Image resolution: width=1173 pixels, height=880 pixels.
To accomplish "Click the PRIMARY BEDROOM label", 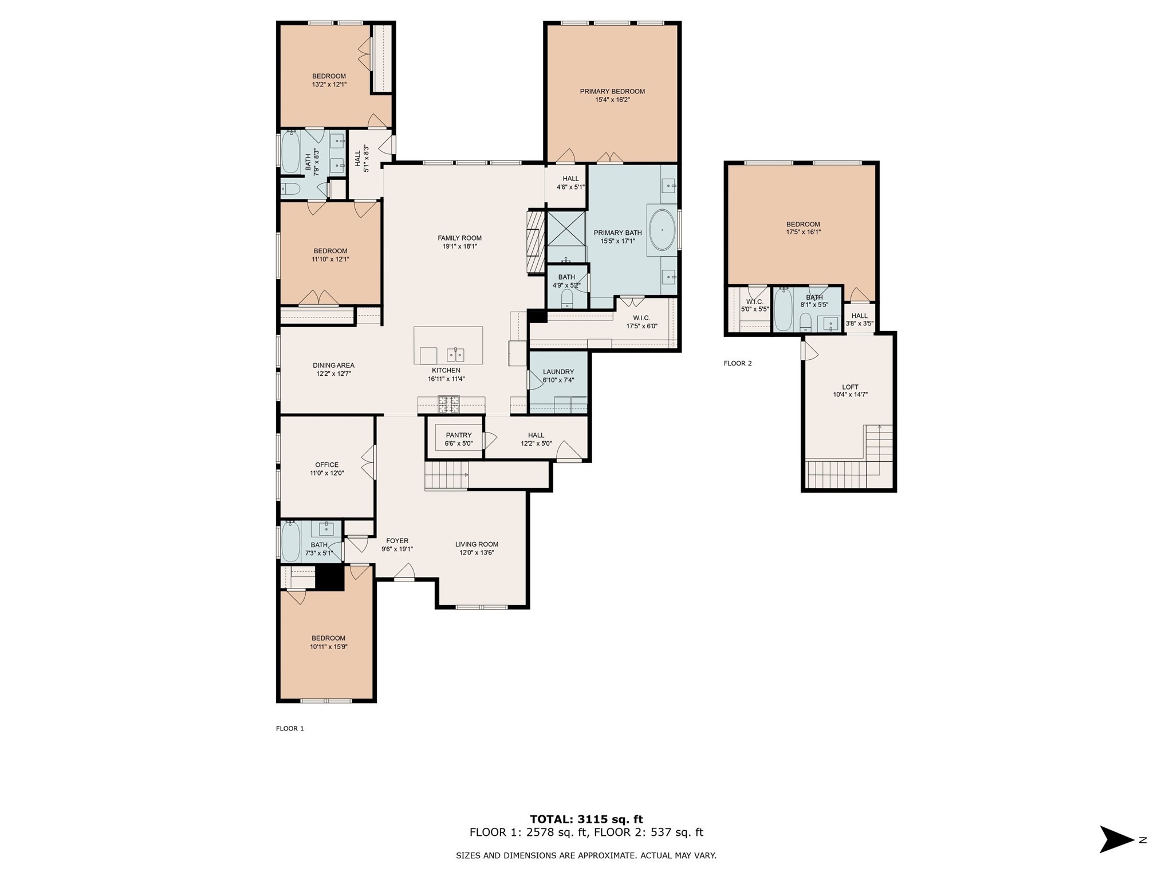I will pyautogui.click(x=612, y=91).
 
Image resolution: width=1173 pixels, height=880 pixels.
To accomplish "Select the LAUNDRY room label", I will pyautogui.click(x=558, y=372).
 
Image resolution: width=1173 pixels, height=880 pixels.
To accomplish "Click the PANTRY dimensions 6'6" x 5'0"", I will pyautogui.click(x=458, y=443).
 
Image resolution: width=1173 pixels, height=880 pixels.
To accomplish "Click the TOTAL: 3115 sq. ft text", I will pyautogui.click(x=586, y=819).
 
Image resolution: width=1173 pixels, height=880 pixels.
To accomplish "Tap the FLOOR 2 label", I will pyautogui.click(x=737, y=363).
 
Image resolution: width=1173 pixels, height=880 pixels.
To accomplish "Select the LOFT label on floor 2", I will pyautogui.click(x=850, y=387).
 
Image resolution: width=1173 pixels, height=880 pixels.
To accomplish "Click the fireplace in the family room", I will pyautogui.click(x=534, y=242).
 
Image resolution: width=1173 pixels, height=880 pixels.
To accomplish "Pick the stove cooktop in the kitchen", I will pyautogui.click(x=449, y=404).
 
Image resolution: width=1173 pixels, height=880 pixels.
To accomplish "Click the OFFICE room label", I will pyautogui.click(x=326, y=465).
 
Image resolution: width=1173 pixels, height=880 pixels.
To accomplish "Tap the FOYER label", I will pyautogui.click(x=397, y=541).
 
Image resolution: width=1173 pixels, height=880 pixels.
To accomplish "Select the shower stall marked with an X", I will pyautogui.click(x=566, y=229).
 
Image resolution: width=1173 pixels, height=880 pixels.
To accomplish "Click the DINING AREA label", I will pyautogui.click(x=333, y=366).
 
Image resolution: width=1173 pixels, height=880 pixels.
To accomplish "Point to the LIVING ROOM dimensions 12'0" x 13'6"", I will pyautogui.click(x=477, y=553).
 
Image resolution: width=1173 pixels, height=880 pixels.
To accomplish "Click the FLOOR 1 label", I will pyautogui.click(x=290, y=729).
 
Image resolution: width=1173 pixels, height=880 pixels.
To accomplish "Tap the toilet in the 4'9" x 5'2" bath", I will pyautogui.click(x=567, y=299).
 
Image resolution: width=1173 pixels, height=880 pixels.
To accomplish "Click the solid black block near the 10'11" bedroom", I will pyautogui.click(x=329, y=577).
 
